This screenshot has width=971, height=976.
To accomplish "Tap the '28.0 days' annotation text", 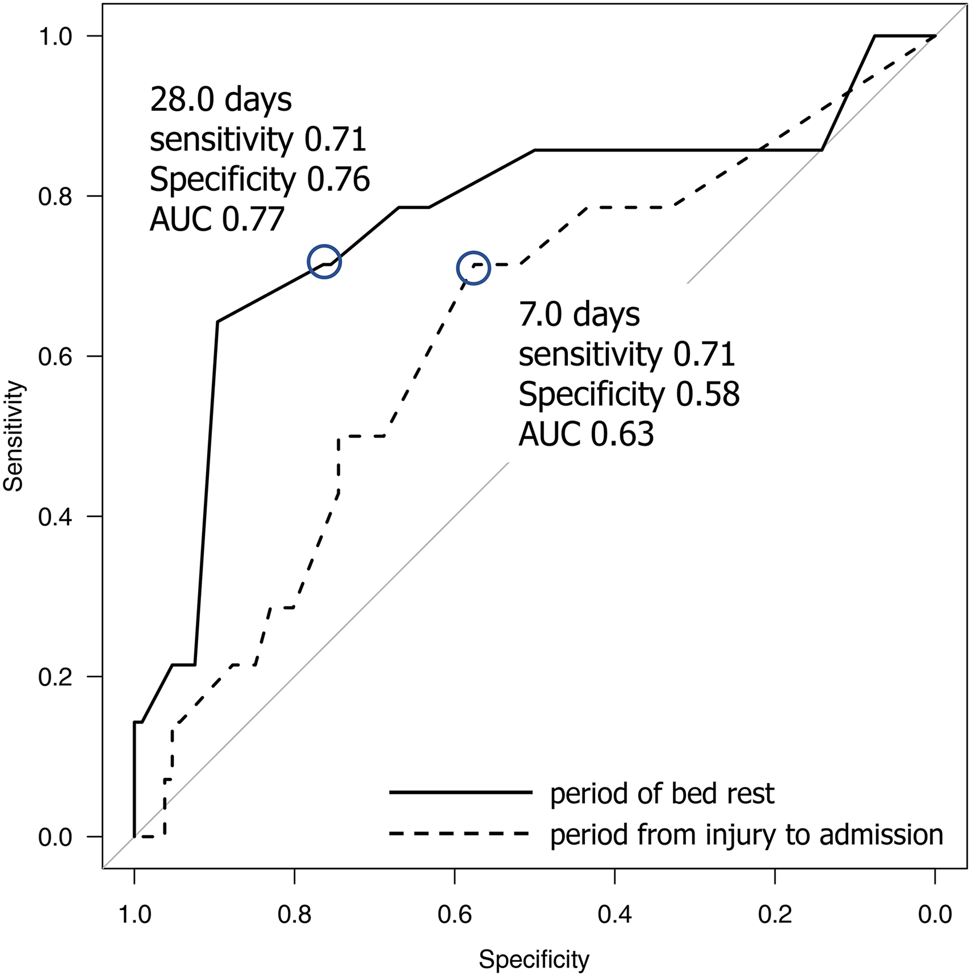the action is tap(220, 100).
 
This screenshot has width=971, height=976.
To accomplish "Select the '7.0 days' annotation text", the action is tap(579, 315).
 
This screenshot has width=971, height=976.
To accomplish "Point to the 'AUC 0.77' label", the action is tap(217, 219).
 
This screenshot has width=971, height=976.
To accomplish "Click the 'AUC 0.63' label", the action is tap(586, 435).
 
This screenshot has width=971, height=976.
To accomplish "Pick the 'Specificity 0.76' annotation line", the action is tap(260, 180).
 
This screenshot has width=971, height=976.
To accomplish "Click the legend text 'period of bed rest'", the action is tap(662, 793).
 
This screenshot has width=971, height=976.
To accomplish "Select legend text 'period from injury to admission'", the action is tap(747, 834).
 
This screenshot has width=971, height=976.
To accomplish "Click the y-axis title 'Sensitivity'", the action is tap(13, 436).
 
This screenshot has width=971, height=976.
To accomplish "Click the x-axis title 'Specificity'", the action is tap(533, 960).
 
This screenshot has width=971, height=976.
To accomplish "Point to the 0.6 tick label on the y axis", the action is tap(55, 356).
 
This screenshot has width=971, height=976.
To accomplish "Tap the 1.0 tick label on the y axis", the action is tap(55, 36).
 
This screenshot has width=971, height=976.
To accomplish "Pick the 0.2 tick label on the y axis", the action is tap(55, 677).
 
